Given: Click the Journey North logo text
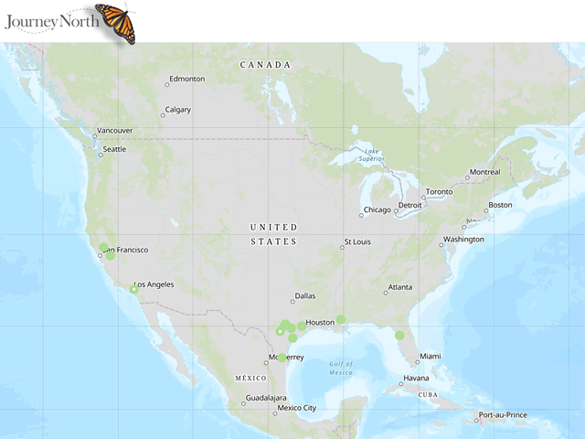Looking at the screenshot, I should coord(48,19).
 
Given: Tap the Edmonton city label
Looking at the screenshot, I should coord(186,79).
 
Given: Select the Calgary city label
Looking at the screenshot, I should coord(177,110).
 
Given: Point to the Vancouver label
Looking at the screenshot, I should coord(114,131).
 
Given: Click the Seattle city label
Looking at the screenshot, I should coord(114,149).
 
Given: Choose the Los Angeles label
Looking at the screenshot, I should coord(154,284).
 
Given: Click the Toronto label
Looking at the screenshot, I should coord(439,192).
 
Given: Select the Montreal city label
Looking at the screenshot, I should coord(484,172).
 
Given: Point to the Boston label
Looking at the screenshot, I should coord(500,205).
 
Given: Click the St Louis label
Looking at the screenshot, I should coord(356,242).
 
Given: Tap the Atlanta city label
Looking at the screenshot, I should coord(399,287).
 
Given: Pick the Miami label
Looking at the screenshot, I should coord(430,356).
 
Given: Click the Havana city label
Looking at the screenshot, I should coord(416,378).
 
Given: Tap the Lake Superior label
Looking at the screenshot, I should coord(370,155).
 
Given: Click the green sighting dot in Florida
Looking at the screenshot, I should coord(399,336).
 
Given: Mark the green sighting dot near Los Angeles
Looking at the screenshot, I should coord(133,289).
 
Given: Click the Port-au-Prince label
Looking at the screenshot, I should coord(504,415).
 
